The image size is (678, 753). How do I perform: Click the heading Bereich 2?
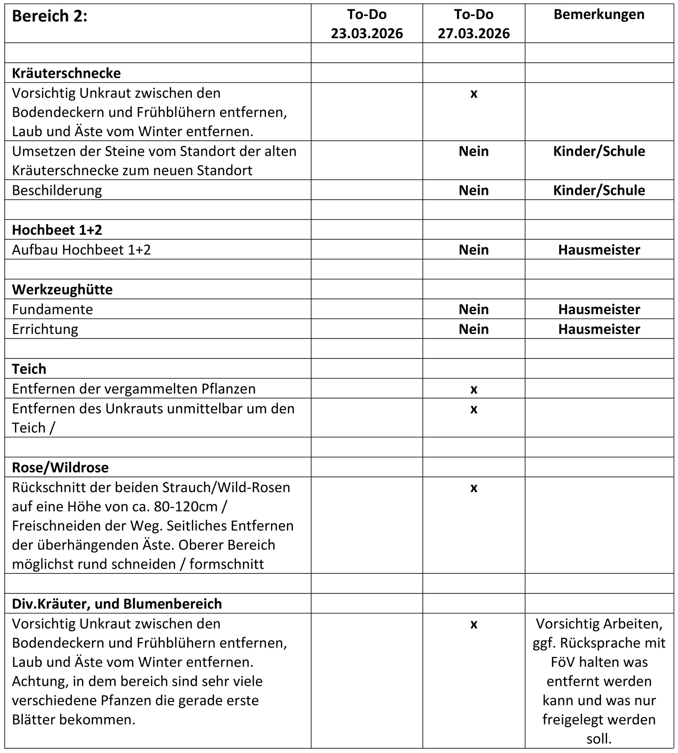click(49, 16)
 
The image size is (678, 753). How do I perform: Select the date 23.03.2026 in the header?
click(367, 33)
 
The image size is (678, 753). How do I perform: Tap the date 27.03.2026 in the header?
click(473, 33)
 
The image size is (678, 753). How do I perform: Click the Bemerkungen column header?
click(599, 15)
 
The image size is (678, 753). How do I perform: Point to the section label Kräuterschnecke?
click(66, 73)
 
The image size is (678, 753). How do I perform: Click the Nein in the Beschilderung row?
click(473, 190)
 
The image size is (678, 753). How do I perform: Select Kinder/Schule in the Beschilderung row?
click(599, 190)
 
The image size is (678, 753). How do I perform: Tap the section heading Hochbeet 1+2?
click(57, 230)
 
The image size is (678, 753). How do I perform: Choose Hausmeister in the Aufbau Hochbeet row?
click(599, 250)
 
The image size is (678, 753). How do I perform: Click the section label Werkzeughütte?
click(62, 289)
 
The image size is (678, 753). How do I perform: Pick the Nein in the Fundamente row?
click(473, 309)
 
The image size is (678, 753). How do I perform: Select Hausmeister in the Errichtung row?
click(599, 329)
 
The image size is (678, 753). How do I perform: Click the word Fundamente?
click(52, 309)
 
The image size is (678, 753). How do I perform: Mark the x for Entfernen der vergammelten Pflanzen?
click(473, 389)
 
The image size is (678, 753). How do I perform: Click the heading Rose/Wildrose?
click(60, 467)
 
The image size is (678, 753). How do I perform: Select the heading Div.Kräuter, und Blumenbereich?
click(117, 604)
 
